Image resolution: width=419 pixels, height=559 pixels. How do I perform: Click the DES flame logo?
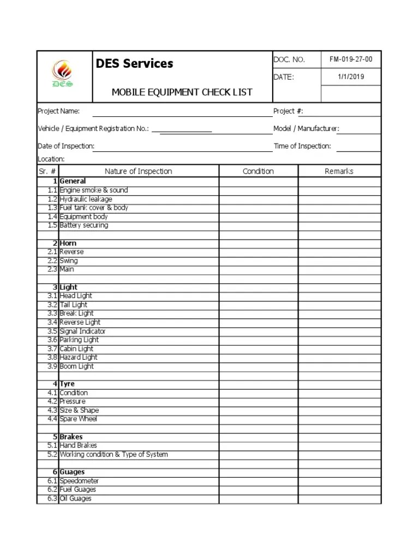62,74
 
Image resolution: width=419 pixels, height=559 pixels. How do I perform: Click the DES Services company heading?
134,64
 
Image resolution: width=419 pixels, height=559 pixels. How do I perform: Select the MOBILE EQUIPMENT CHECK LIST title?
182,92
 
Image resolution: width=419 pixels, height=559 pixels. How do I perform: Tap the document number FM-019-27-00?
351,60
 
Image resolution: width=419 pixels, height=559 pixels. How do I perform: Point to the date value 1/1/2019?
351,77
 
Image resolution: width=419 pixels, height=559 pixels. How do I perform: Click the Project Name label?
58,111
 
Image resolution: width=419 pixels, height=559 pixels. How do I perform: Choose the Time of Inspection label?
302,146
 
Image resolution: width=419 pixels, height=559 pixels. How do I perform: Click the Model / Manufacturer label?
306,129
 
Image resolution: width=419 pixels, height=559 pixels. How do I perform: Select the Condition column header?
258,171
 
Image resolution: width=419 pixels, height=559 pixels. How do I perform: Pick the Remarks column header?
339,171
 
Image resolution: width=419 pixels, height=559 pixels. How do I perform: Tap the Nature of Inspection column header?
138,171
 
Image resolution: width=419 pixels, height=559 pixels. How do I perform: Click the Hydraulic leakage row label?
86,199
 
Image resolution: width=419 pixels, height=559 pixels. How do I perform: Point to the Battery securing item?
83,225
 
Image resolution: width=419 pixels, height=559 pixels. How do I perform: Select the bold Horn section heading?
68,243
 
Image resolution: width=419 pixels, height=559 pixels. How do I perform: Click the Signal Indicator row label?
82,331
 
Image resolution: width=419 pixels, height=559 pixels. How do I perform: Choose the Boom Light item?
76,366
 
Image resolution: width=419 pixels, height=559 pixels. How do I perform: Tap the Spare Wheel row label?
78,419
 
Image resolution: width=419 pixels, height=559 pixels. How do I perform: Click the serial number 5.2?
52,454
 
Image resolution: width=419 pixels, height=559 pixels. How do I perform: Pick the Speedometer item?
79,481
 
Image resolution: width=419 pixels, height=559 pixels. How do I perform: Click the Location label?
51,159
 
